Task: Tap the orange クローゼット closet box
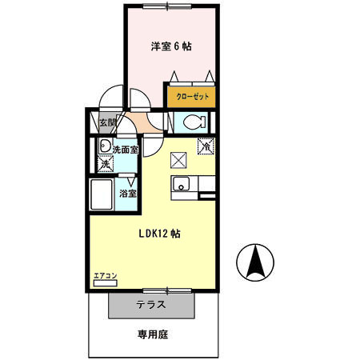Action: [191, 95]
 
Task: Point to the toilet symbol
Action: [192, 122]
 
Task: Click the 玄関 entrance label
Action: [107, 123]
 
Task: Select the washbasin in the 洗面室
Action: [104, 148]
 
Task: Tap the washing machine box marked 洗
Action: [104, 164]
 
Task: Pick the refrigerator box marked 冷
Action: [206, 146]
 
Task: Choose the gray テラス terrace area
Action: [150, 304]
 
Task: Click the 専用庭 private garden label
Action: [151, 335]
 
